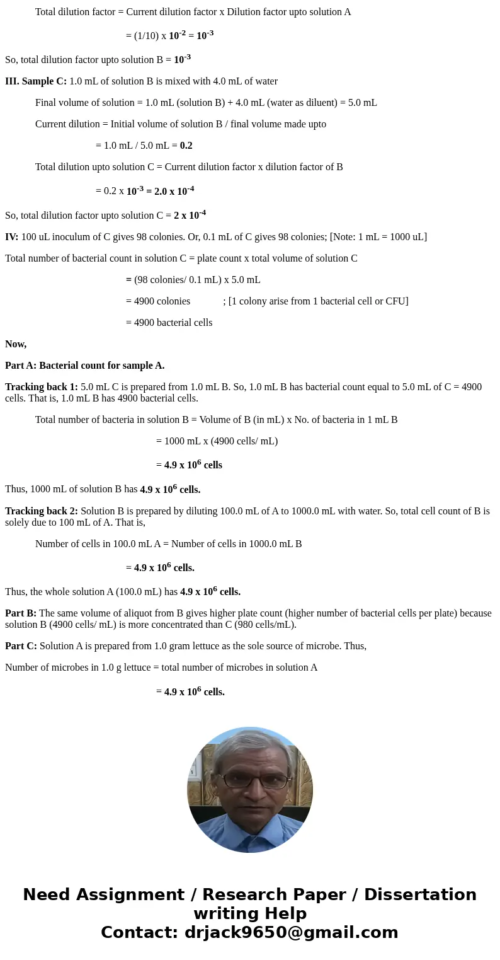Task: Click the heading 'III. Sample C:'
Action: [x=36, y=81]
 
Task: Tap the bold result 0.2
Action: [x=186, y=146]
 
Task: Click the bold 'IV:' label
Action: [x=12, y=237]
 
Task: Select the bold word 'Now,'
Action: [x=16, y=344]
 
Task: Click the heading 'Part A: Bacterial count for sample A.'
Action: [x=84, y=366]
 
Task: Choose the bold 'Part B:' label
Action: [x=21, y=613]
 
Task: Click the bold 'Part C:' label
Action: [x=21, y=646]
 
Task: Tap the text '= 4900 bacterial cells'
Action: [x=169, y=323]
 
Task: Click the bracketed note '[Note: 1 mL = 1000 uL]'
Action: [x=378, y=237]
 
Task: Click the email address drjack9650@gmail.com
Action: [x=288, y=932]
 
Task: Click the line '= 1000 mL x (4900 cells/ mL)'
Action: [x=217, y=441]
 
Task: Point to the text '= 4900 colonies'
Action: [x=158, y=301]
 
